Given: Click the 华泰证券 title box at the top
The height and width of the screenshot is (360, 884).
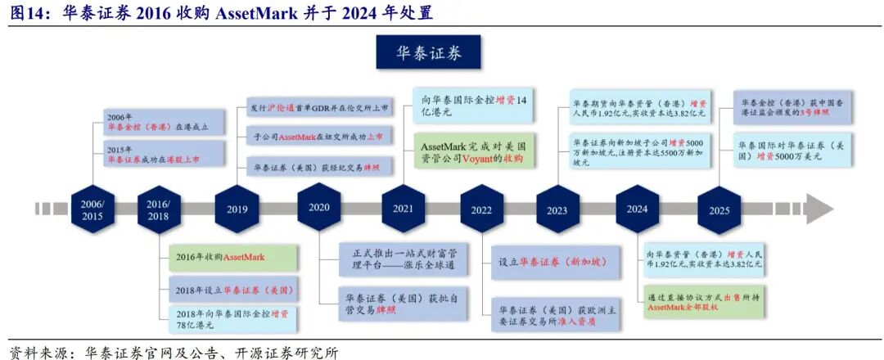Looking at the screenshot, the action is pyautogui.click(x=428, y=53).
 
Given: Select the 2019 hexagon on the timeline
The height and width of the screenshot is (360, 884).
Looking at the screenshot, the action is pyautogui.click(x=237, y=209).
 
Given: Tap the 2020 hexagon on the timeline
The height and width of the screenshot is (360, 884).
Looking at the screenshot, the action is pyautogui.click(x=318, y=207).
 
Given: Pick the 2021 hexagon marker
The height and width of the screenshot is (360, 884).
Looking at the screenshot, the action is pyautogui.click(x=403, y=208).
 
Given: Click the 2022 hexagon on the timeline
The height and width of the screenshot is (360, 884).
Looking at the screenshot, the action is pyautogui.click(x=481, y=209).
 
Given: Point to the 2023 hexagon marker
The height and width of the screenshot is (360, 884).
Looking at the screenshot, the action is pyautogui.click(x=557, y=209).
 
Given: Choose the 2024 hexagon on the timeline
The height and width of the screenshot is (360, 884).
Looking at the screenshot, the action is pyautogui.click(x=637, y=208).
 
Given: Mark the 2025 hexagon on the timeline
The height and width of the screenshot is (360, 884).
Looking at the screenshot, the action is pyautogui.click(x=719, y=209).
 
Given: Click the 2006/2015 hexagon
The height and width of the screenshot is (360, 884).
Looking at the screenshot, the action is pyautogui.click(x=92, y=209).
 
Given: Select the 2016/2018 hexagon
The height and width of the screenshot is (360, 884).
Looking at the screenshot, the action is pyautogui.click(x=157, y=209).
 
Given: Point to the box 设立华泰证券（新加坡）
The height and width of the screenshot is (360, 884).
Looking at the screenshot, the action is pyautogui.click(x=552, y=263).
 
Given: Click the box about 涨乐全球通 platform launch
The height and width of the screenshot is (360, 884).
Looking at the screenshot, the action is pyautogui.click(x=404, y=262).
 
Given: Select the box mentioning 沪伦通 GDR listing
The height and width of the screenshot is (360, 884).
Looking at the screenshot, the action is pyautogui.click(x=319, y=107).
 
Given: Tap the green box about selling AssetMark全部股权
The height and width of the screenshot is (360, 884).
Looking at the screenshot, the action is pyautogui.click(x=706, y=301).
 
